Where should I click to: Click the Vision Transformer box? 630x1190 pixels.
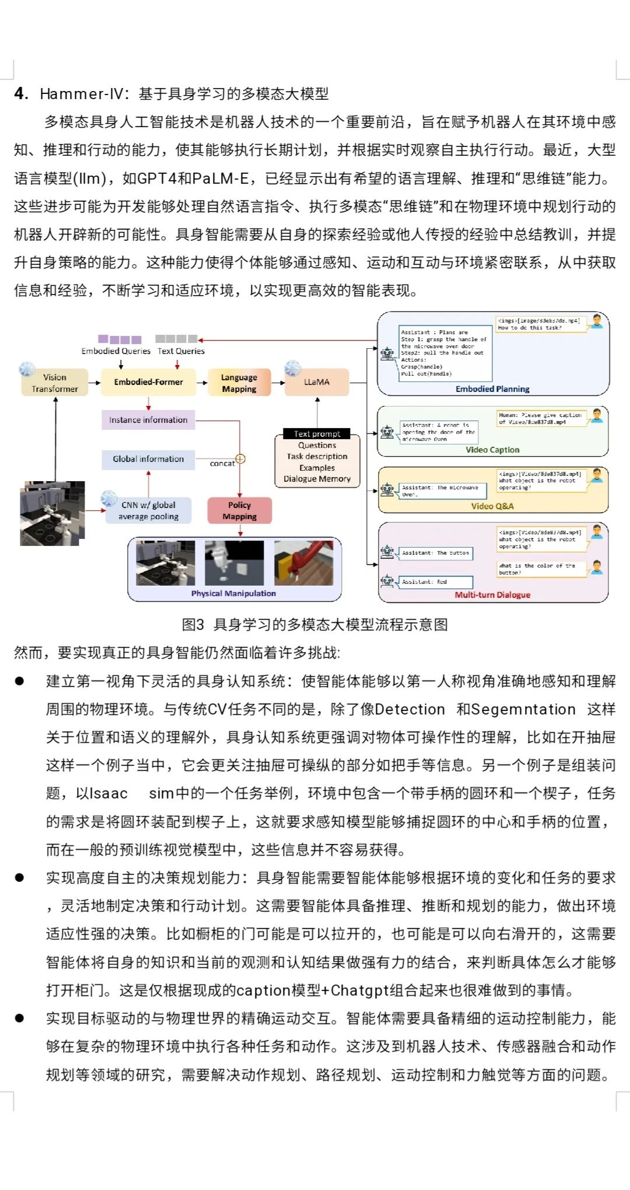click(x=55, y=383)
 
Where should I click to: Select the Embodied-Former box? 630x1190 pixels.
click(x=148, y=382)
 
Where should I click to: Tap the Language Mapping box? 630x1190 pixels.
click(x=239, y=383)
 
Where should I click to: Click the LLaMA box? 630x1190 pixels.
click(x=317, y=382)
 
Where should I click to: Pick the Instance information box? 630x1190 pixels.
click(x=148, y=420)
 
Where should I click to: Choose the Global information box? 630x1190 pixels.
click(x=148, y=459)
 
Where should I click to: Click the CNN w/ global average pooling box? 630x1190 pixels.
click(x=148, y=510)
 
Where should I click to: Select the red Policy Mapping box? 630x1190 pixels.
click(x=239, y=510)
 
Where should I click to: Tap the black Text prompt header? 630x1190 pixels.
click(x=317, y=433)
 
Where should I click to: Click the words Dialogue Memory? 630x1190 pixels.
click(x=317, y=479)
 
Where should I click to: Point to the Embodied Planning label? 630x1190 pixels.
click(x=492, y=389)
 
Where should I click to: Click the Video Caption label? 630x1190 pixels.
click(x=492, y=450)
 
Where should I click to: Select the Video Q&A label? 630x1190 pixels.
click(x=492, y=506)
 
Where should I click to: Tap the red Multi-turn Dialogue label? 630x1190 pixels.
click(x=492, y=595)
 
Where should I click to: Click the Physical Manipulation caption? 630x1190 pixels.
click(x=233, y=593)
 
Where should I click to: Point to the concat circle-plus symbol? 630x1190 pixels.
click(x=240, y=459)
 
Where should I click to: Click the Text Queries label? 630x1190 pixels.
click(x=181, y=351)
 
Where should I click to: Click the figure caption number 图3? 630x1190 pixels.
click(x=193, y=625)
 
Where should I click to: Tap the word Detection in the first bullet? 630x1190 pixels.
click(x=409, y=709)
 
